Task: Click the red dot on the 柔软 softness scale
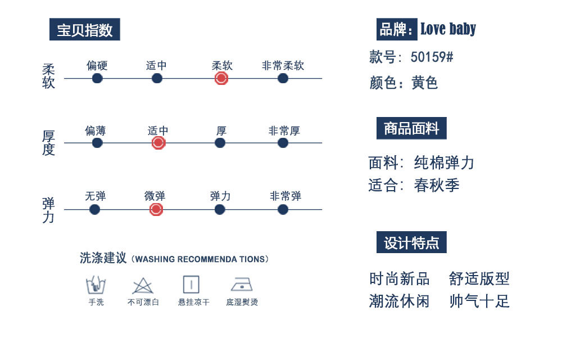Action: click(221, 78)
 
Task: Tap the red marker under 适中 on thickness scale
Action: click(158, 143)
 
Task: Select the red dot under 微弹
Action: click(156, 209)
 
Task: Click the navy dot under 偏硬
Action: click(97, 78)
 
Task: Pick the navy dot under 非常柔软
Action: click(283, 78)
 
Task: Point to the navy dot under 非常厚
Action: click(283, 143)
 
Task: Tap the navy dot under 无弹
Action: click(95, 209)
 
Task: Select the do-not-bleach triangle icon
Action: click(143, 285)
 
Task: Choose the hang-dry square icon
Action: click(191, 285)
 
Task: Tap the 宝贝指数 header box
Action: click(85, 30)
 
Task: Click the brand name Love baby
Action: click(448, 29)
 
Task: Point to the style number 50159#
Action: click(432, 57)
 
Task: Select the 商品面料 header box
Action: click(411, 129)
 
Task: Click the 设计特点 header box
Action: click(411, 242)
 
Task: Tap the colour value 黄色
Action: click(424, 83)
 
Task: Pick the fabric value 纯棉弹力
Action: click(444, 163)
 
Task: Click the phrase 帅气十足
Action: click(479, 301)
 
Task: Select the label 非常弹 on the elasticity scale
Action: click(285, 196)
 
